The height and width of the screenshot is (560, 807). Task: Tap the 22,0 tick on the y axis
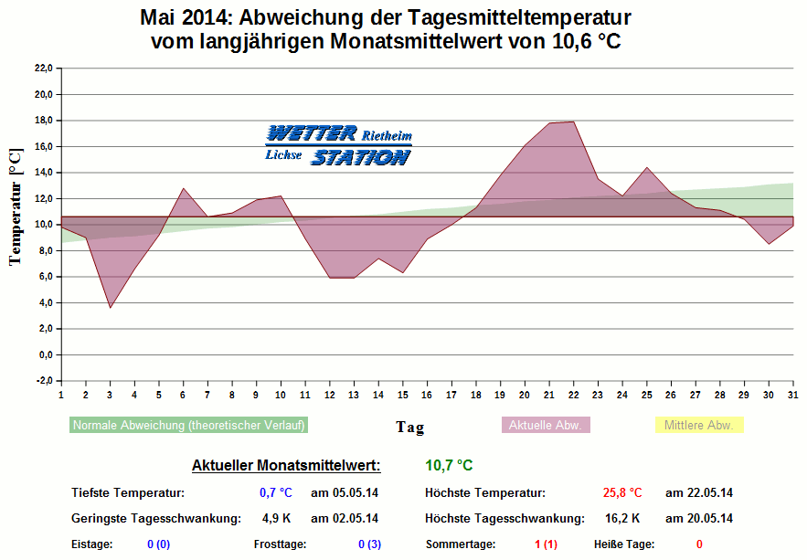coord(43,69)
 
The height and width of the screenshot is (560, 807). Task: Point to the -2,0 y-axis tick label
coord(43,381)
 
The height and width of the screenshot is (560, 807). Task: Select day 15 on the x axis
coord(402,395)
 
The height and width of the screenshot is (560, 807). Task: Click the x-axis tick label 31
coord(791,395)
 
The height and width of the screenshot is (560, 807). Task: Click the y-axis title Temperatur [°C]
coord(15,207)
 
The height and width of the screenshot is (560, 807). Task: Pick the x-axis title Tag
coord(409,427)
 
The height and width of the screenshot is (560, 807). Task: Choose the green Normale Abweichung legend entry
coord(188,425)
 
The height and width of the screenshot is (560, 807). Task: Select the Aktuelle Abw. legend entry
coord(547,425)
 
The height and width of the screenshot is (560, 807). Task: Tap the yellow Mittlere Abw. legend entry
coord(699,425)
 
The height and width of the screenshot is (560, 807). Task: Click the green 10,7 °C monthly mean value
coord(449,466)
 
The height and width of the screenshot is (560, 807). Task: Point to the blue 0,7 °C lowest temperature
coord(275,493)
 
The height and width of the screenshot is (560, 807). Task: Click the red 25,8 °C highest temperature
coord(622,493)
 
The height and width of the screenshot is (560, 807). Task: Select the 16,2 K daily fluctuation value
coord(622,519)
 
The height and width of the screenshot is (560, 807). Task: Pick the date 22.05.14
coord(699,493)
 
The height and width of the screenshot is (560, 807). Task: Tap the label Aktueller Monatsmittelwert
coord(286,466)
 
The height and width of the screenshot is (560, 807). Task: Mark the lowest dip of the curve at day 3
coord(110,307)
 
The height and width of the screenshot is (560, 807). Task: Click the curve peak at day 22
coord(573,122)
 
